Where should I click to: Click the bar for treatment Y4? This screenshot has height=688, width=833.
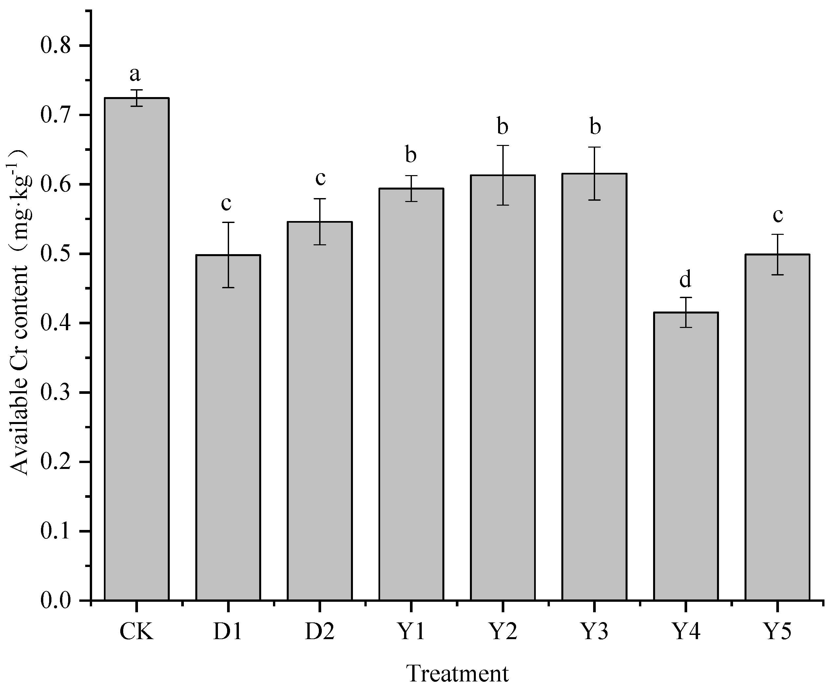tap(686, 456)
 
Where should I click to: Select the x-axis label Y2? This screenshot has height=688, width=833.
tap(502, 632)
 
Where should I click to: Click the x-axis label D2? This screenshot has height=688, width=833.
tap(320, 632)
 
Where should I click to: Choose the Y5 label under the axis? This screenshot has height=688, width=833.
tap(777, 632)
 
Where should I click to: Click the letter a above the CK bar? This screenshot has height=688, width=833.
tap(135, 74)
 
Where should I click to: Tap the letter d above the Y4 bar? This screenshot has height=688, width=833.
tap(685, 279)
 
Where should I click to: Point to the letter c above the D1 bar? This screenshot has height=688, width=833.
tap(226, 204)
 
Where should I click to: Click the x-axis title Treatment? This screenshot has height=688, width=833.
tap(457, 673)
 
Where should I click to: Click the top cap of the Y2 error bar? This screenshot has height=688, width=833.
tap(503, 146)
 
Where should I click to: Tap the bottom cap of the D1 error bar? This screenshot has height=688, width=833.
tap(228, 287)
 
